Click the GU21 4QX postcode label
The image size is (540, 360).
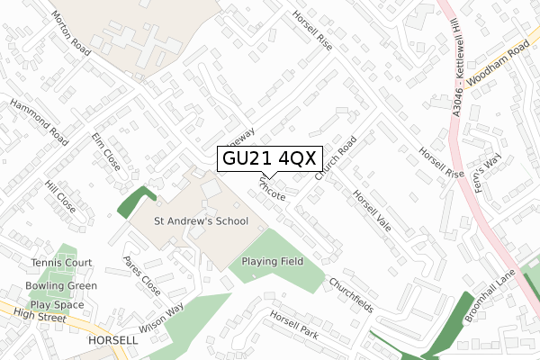pyautogui.click(x=267, y=159)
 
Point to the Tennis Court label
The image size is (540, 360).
pyautogui.click(x=60, y=263)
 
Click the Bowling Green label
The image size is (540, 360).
pyautogui.click(x=61, y=286)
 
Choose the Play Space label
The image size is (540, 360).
pyautogui.click(x=58, y=304)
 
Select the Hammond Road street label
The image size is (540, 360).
pyautogui.click(x=40, y=122)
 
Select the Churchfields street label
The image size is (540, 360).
pyautogui.click(x=350, y=293)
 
